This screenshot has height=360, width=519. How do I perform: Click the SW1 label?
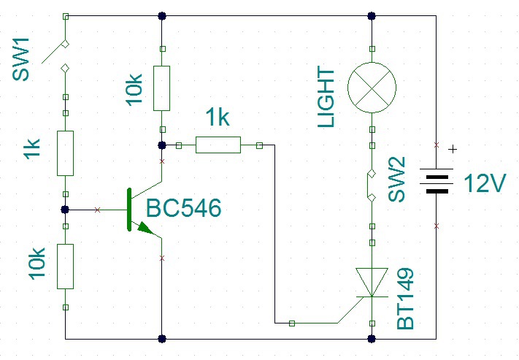click(x=21, y=60)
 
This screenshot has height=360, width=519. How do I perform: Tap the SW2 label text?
click(x=396, y=179)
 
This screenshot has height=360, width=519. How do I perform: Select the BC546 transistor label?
click(x=183, y=208)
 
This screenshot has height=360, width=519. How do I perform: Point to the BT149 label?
click(x=405, y=299)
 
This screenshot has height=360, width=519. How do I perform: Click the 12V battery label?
click(x=485, y=183)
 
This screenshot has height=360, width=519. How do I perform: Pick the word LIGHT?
click(x=326, y=96)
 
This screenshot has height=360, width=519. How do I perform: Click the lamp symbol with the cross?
click(x=372, y=88)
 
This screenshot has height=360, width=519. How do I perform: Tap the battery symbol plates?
click(x=437, y=181)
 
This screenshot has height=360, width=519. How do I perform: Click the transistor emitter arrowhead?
click(x=146, y=228)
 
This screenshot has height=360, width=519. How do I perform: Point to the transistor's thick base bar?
click(x=129, y=210)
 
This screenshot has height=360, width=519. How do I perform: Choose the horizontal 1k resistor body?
click(x=218, y=145)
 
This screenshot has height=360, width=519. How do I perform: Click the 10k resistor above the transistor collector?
click(x=161, y=88)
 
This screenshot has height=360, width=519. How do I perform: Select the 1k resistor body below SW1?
click(x=65, y=153)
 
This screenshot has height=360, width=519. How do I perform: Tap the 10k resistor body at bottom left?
click(x=65, y=267)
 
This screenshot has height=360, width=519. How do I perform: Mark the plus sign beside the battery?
click(x=453, y=150)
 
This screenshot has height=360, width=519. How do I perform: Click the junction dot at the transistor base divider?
click(x=65, y=210)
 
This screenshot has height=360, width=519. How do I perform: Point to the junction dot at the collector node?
click(x=162, y=145)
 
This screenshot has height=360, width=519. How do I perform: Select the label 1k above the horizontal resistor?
click(x=218, y=117)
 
